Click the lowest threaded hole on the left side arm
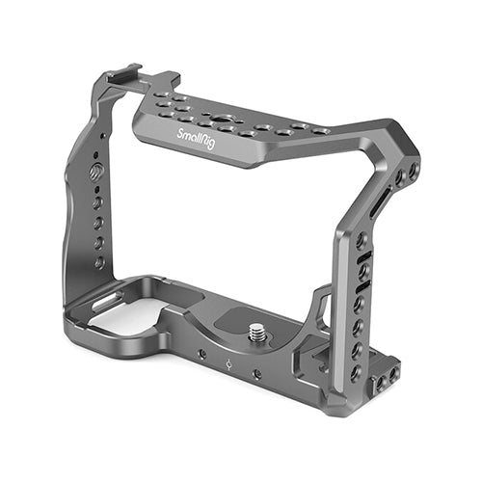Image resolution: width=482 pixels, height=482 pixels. (99, 261)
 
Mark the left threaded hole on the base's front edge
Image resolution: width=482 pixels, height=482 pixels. (201, 355)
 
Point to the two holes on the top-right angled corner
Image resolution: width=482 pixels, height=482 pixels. (406, 174)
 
